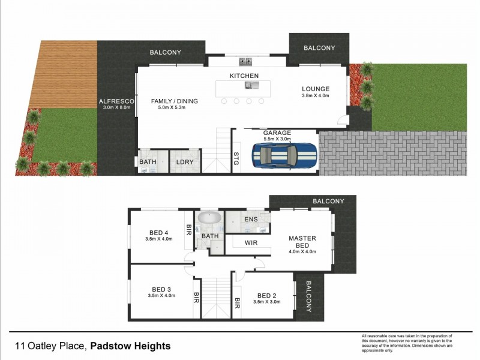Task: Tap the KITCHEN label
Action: (x=244, y=76)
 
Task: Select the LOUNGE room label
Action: (x=315, y=89)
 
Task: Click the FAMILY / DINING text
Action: (x=174, y=101)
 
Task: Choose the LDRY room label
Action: (x=184, y=162)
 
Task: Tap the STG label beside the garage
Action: (x=236, y=158)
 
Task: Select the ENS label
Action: (x=251, y=220)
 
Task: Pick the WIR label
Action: (x=251, y=243)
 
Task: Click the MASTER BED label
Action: (x=302, y=242)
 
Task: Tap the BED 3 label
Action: (x=162, y=289)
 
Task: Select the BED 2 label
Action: (x=267, y=295)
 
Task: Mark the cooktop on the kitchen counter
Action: (x=245, y=61)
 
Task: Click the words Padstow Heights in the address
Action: (x=131, y=346)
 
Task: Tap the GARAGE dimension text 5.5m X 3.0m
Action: (x=277, y=139)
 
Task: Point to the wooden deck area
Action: (x=67, y=74)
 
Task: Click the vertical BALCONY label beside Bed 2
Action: (x=308, y=297)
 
